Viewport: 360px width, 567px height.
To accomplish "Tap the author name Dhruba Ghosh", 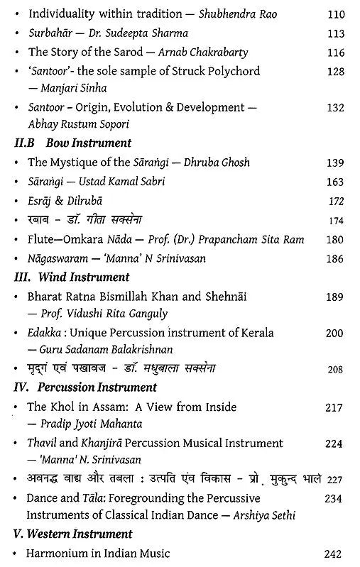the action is coord(213,163).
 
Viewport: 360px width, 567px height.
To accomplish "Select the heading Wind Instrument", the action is coord(84,277).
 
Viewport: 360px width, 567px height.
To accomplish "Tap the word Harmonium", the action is coord(58,553).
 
